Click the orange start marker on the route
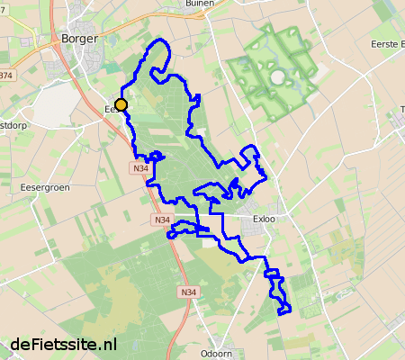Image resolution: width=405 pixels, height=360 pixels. (121, 105)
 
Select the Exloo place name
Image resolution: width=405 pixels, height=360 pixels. (265, 219)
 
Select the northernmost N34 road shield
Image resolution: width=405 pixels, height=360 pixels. (140, 168)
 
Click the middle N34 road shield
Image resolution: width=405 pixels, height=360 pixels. (161, 220)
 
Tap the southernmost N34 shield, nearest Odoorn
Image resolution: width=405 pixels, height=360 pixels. (187, 292)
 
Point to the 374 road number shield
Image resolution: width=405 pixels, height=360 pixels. (7, 76)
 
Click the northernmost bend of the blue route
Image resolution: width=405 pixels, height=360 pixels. (162, 41)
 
